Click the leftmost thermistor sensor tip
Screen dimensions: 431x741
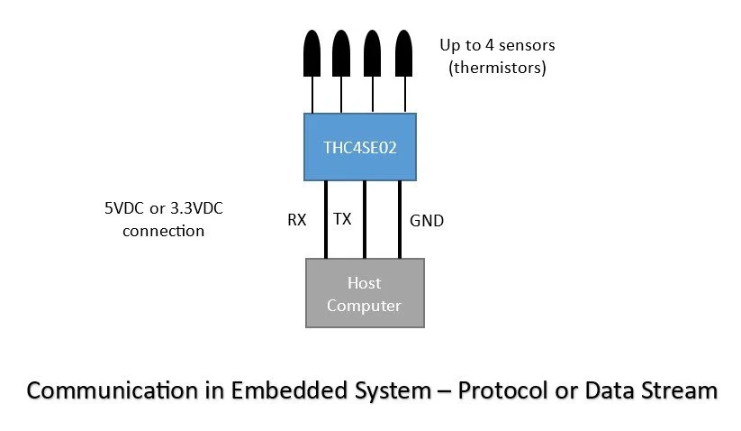coord(312,53)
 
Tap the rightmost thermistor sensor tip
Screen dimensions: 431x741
coord(404,53)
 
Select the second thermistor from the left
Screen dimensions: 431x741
coord(341,53)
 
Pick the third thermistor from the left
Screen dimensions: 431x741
coord(373,53)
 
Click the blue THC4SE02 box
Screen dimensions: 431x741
coord(359,145)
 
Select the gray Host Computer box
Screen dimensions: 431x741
coord(364,293)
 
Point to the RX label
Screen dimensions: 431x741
coord(297,219)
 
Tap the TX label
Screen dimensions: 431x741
coord(342,219)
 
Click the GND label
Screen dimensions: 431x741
coord(426,219)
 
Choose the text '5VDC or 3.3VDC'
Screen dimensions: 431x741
coord(163,208)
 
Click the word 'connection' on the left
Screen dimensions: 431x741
coord(163,230)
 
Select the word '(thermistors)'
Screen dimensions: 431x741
coord(497,67)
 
